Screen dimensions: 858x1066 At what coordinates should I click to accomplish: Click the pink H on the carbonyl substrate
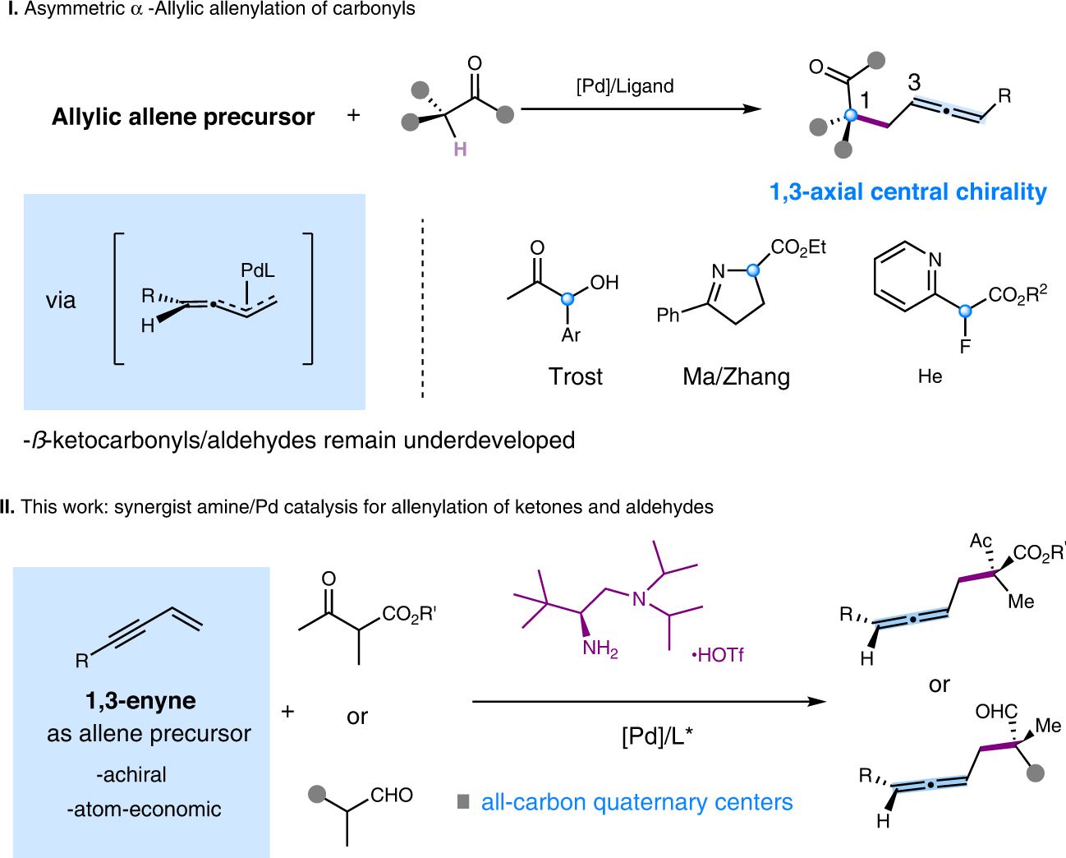click(460, 150)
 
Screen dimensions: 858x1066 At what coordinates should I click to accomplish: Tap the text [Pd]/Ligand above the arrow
click(625, 86)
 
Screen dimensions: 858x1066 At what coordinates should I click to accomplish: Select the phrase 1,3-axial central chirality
click(907, 192)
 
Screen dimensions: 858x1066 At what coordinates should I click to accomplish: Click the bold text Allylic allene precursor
click(183, 118)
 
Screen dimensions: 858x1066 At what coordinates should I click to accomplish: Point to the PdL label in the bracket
click(258, 270)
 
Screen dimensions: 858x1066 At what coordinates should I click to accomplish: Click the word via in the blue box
click(61, 301)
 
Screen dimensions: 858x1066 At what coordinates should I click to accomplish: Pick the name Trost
click(576, 377)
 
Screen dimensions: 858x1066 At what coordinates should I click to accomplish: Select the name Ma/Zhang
click(736, 377)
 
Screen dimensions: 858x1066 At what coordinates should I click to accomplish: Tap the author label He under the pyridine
click(930, 376)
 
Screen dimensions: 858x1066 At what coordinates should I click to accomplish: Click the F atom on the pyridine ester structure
click(965, 347)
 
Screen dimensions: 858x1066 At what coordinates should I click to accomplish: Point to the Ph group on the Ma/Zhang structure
click(668, 315)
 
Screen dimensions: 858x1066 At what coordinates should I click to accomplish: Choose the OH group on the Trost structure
click(604, 283)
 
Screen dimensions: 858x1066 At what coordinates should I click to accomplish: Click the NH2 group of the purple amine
click(600, 649)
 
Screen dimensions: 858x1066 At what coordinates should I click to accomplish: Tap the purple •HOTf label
click(718, 655)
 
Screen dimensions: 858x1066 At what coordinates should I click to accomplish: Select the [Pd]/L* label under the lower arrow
click(657, 736)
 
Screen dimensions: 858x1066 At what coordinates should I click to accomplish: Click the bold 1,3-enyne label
click(140, 701)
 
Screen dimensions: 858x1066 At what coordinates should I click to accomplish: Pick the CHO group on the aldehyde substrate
click(391, 795)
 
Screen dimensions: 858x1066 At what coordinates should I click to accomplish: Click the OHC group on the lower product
click(996, 712)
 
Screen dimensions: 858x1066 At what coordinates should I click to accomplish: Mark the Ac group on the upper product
click(981, 541)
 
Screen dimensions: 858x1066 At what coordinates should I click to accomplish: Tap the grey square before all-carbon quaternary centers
click(463, 801)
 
